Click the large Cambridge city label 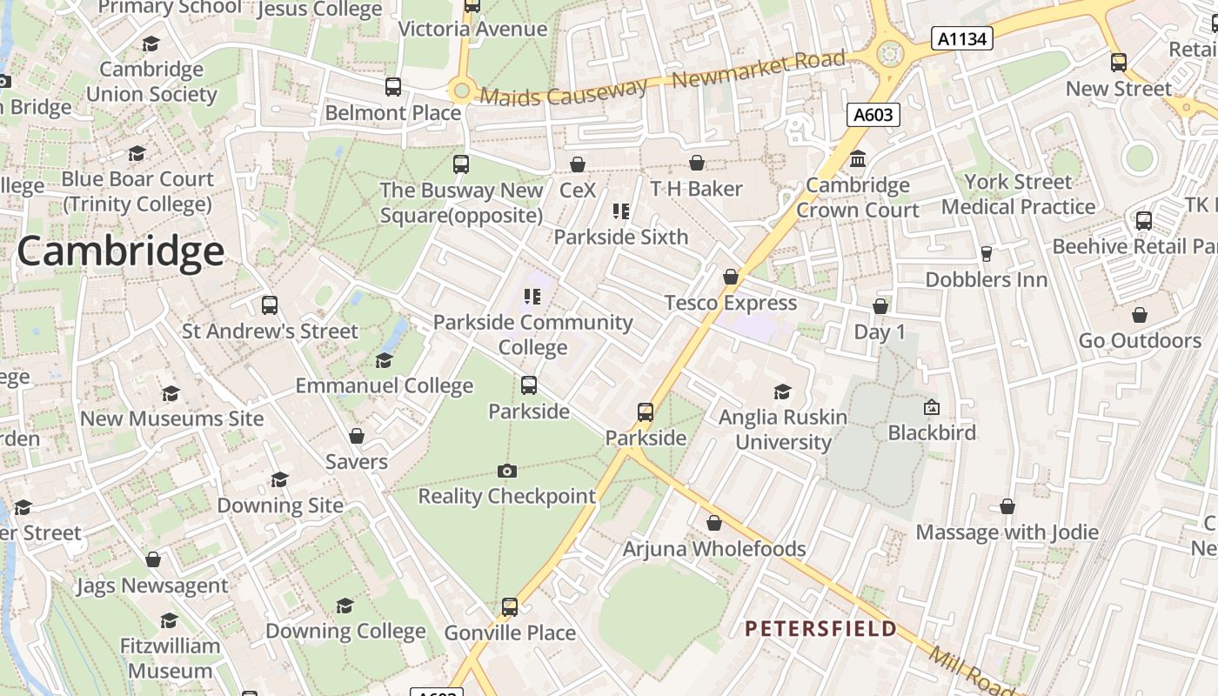pyautogui.click(x=120, y=252)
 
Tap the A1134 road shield pyautogui.click(x=961, y=38)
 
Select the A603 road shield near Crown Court pyautogui.click(x=873, y=115)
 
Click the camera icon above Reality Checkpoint pyautogui.click(x=507, y=471)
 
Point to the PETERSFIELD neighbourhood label pyautogui.click(x=820, y=628)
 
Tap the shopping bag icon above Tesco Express pyautogui.click(x=731, y=277)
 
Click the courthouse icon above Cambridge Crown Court pyautogui.click(x=858, y=159)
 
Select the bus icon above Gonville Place pyautogui.click(x=510, y=606)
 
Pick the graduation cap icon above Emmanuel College pyautogui.click(x=384, y=360)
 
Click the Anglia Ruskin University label pyautogui.click(x=783, y=430)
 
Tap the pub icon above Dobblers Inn pyautogui.click(x=986, y=254)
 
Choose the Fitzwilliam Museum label pyautogui.click(x=170, y=659)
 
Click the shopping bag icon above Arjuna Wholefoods pyautogui.click(x=714, y=523)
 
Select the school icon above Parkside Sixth pyautogui.click(x=620, y=211)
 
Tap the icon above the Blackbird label pyautogui.click(x=932, y=406)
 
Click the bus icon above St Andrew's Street pyautogui.click(x=270, y=305)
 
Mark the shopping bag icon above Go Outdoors pyautogui.click(x=1140, y=315)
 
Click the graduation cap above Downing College pyautogui.click(x=345, y=606)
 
